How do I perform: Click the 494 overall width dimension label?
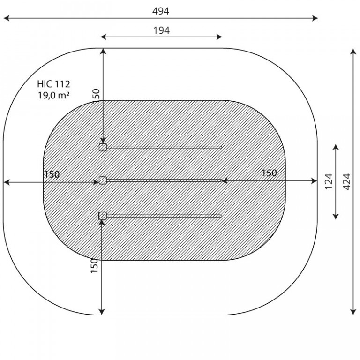pyautogui.click(x=161, y=11)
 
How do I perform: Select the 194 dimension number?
pyautogui.click(x=161, y=30)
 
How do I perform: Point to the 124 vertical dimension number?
pyautogui.click(x=329, y=181)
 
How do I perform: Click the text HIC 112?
pyautogui.click(x=53, y=84)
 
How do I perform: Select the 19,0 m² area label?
pyautogui.click(x=54, y=95)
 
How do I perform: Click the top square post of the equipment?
pyautogui.click(x=103, y=147)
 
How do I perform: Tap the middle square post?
pyautogui.click(x=103, y=180)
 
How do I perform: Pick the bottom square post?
pyautogui.click(x=103, y=216)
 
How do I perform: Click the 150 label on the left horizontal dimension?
pyautogui.click(x=52, y=174)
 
